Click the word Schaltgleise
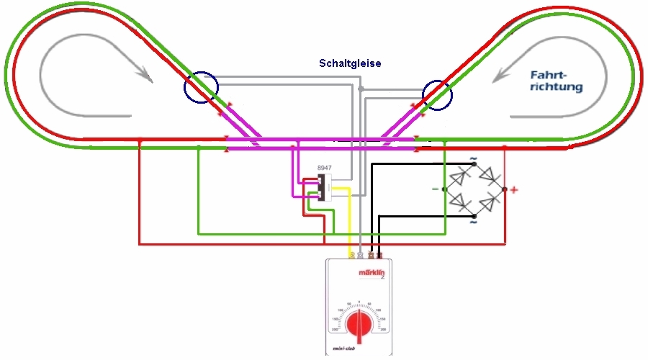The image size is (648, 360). click(350, 63)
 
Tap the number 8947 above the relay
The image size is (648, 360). click(325, 168)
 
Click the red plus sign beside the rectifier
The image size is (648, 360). click(515, 190)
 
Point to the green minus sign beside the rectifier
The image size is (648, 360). click(435, 189)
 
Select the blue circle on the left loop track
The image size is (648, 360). click(200, 88)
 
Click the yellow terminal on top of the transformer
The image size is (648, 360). click(351, 255)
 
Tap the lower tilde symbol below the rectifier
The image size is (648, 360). click(473, 222)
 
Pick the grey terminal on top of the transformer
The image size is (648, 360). click(361, 255)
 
